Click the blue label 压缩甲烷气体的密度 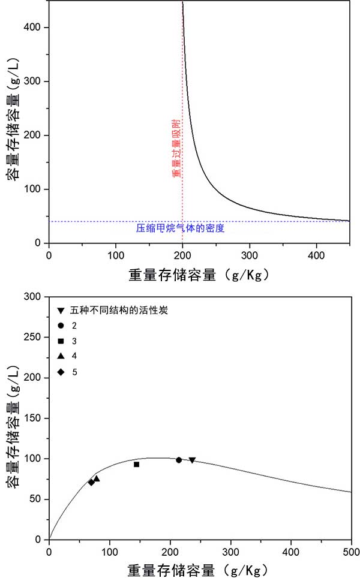coord(180,228)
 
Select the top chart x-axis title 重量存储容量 coord(198,275)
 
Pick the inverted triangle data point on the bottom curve coord(192,460)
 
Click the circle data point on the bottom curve coord(179,460)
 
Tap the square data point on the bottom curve coord(136,464)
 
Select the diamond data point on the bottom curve coord(91,482)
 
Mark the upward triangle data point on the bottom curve coord(97,478)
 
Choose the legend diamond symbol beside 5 coord(61,372)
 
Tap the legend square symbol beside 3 coord(61,341)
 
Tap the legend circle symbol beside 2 coord(61,325)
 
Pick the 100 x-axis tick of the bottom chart coord(110,550)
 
